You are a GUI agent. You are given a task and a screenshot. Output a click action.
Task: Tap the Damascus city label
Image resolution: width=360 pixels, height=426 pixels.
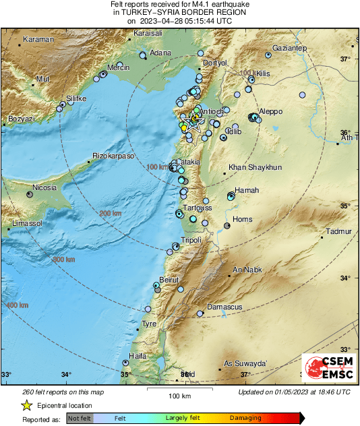pyautogui.click(x=224, y=307)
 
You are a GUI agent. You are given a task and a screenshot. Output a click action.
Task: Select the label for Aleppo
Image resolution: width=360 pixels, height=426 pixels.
pyautogui.click(x=272, y=111)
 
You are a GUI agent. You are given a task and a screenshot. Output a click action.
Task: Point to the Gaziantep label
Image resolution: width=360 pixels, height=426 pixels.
pyautogui.click(x=289, y=48)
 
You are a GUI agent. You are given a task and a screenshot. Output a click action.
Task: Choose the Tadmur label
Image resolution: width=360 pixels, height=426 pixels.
pyautogui.click(x=339, y=231)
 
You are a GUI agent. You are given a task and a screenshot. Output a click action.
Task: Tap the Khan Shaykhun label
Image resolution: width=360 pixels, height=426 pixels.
pyautogui.click(x=256, y=167)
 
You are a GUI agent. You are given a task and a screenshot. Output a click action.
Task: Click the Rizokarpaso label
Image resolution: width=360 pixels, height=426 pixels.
pyautogui.click(x=114, y=156)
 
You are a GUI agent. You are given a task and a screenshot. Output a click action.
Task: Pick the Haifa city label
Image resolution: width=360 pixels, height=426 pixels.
pyautogui.click(x=138, y=355)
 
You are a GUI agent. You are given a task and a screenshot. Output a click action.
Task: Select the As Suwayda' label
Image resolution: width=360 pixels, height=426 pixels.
pyautogui.click(x=245, y=363)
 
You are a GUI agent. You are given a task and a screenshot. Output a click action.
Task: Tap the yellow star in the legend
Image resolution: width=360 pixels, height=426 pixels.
pyautogui.click(x=26, y=405)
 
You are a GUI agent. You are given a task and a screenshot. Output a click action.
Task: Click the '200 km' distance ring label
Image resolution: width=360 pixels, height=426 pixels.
pyautogui.click(x=109, y=213)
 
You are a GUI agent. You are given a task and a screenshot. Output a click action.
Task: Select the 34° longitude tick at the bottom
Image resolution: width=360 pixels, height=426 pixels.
pyautogui.click(x=66, y=374)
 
